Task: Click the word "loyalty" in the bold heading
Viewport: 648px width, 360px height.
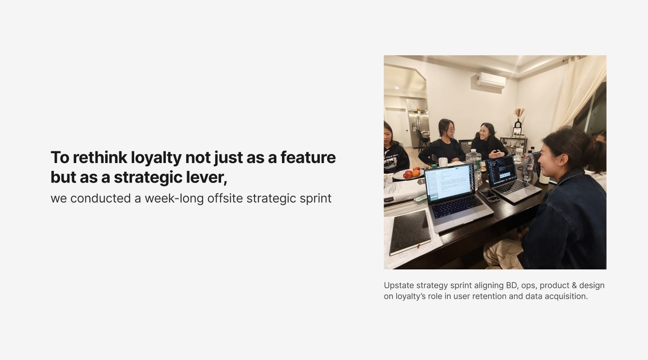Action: click(x=156, y=158)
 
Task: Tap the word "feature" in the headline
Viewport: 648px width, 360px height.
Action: click(x=308, y=157)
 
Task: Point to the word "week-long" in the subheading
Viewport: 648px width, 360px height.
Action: click(x=174, y=198)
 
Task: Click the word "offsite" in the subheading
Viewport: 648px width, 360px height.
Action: click(x=225, y=198)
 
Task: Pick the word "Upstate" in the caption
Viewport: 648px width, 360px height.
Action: click(x=399, y=286)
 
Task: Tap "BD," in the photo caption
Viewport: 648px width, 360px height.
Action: click(x=512, y=285)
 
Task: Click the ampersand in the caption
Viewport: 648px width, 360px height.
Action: click(x=575, y=285)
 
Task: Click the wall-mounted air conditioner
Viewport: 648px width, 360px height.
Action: click(x=491, y=80)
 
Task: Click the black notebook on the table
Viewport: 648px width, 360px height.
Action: click(x=410, y=232)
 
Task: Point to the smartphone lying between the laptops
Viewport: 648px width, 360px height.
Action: click(x=489, y=195)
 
